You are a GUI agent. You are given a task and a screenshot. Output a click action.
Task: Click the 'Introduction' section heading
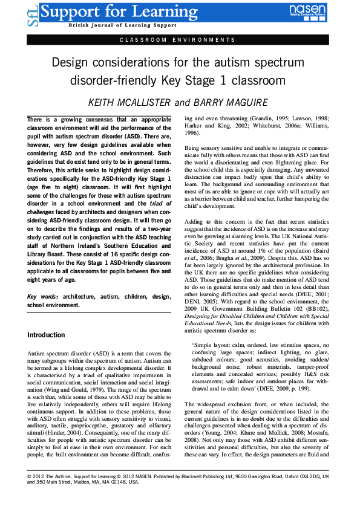46,335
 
